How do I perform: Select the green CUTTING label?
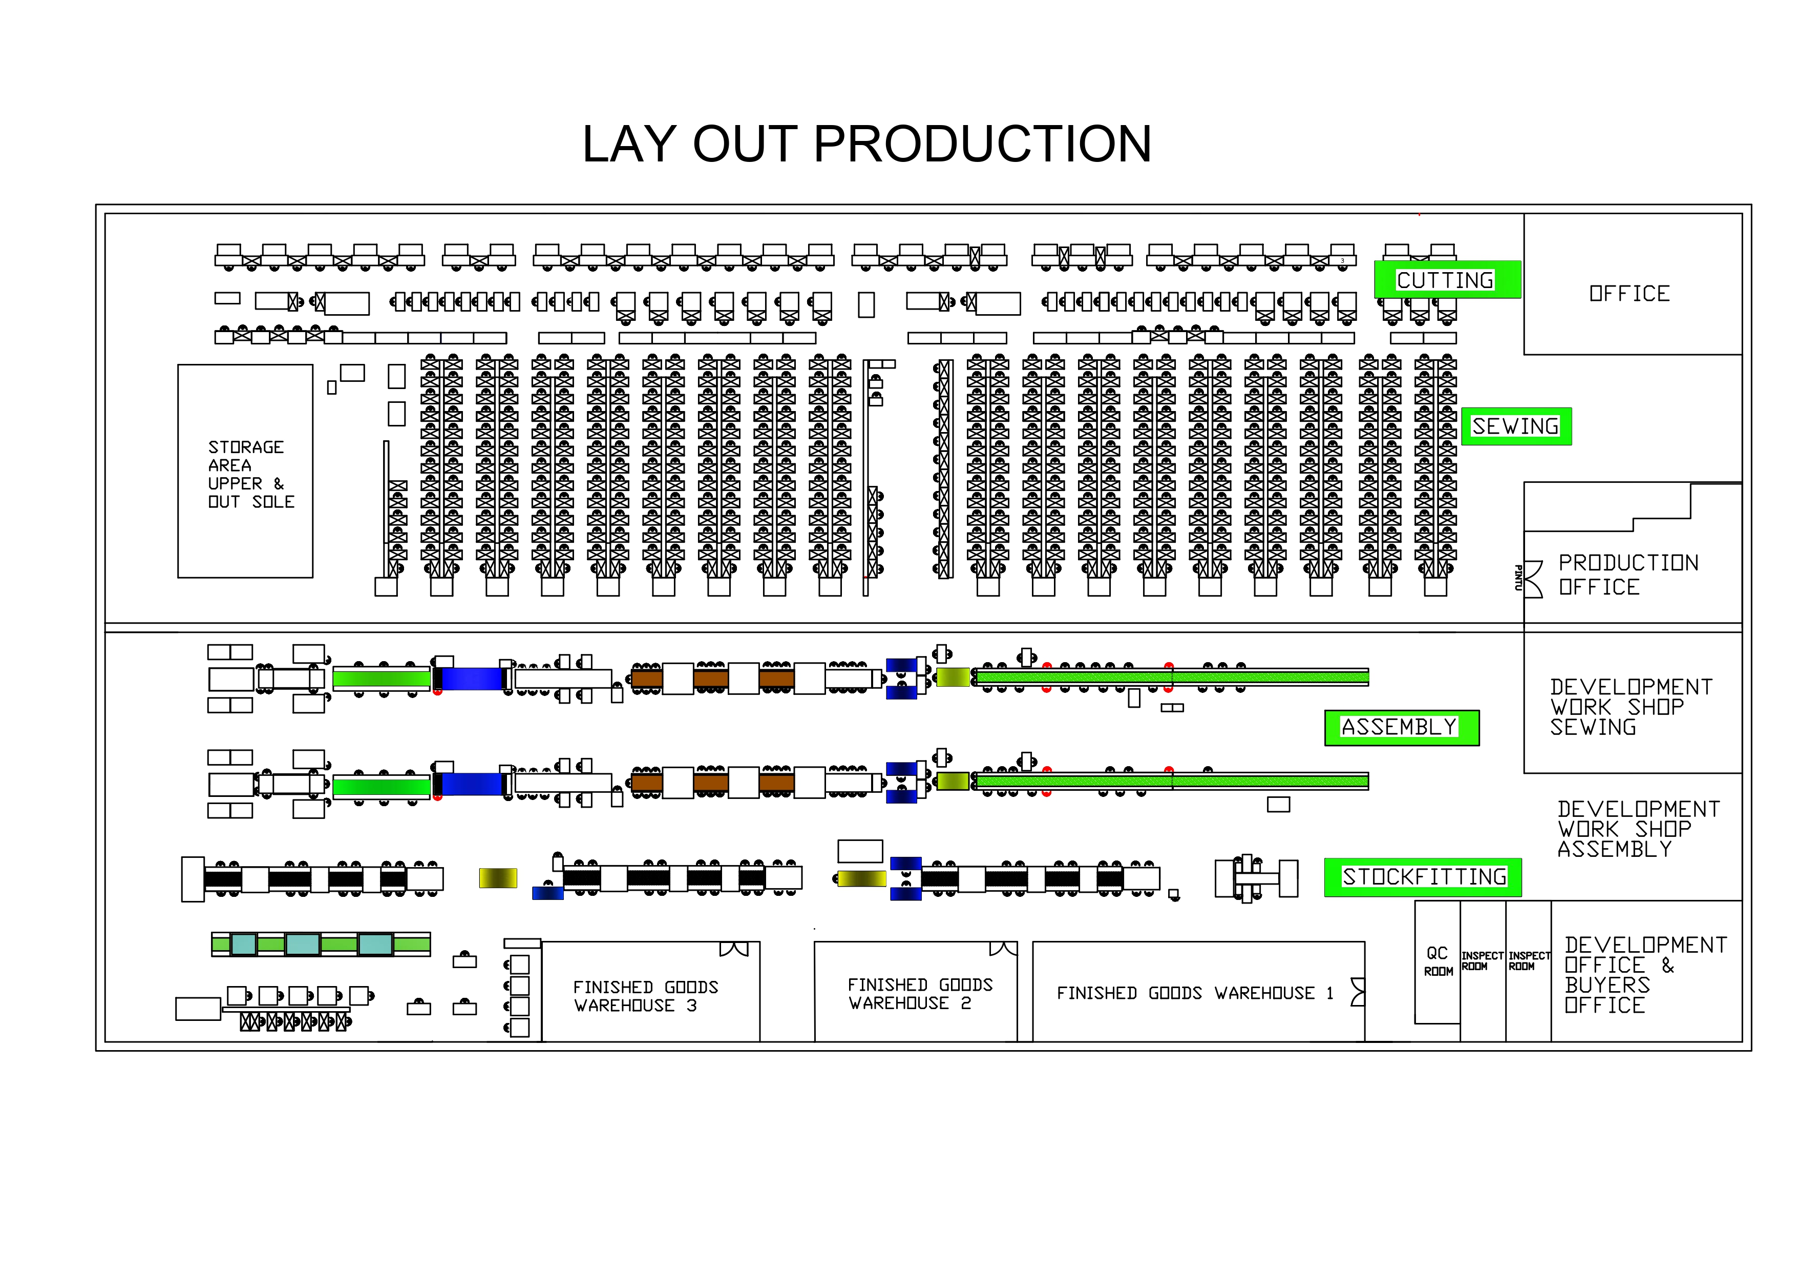coord(1446,280)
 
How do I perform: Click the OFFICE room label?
coord(1630,294)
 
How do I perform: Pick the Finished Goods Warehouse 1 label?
coord(1194,993)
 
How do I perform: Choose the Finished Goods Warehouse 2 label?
coord(920,994)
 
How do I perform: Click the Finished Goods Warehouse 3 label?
coord(646,996)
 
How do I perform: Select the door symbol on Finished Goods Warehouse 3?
coord(734,949)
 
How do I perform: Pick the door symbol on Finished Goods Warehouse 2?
coord(1003,949)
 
